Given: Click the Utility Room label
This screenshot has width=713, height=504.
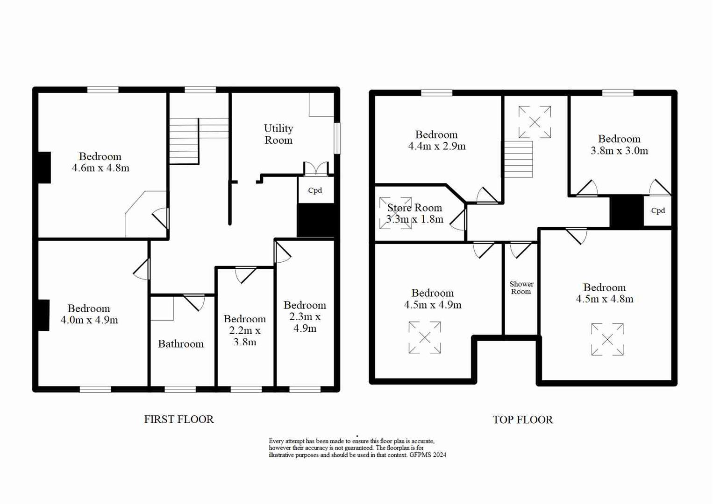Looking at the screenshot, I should coord(278,134).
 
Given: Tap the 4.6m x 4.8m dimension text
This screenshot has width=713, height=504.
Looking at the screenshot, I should coord(100,168).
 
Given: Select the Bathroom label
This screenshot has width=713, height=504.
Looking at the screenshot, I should coord(181,344).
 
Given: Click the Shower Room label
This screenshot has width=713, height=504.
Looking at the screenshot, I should coord(521,287).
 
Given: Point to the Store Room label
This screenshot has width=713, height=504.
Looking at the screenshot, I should coord(414,208).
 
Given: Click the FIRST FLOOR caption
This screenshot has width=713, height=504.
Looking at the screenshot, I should coord(179,420).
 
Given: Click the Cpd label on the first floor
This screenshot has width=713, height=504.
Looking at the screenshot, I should coord(315,190).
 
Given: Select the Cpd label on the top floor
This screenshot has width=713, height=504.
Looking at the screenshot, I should coord(658,210).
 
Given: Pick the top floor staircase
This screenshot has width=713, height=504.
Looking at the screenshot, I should coord(518,159).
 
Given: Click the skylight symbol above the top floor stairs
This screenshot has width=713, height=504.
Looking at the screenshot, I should coord(535,122).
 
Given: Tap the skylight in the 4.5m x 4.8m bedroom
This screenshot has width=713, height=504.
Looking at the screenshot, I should coord(607,340).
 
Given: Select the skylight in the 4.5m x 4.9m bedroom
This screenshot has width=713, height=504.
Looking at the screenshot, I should coord(424,337).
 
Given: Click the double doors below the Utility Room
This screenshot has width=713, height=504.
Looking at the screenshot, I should coord(316,168).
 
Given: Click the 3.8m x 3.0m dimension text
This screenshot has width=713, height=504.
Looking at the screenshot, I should coord(619,151).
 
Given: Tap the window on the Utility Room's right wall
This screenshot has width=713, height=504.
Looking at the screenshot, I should coord(337,138).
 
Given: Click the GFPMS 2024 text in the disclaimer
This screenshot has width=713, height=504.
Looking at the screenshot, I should coord(428,455).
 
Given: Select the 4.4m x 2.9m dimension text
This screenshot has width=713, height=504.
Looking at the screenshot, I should coord(436,146).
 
